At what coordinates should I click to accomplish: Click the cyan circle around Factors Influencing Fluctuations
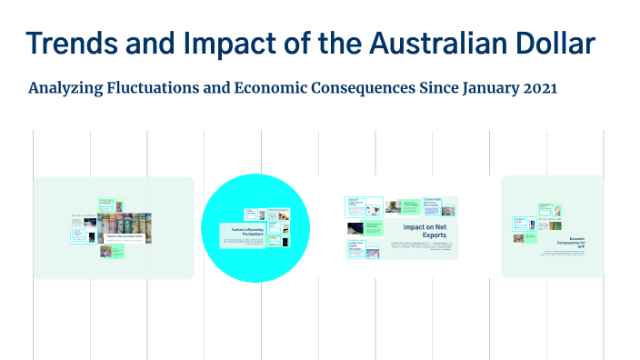[x=218, y=264]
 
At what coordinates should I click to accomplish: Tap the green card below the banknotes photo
[x=118, y=251]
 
